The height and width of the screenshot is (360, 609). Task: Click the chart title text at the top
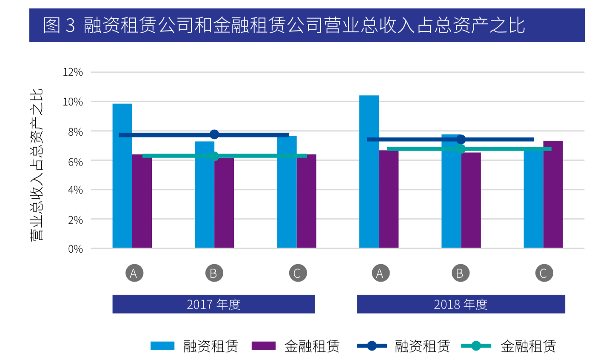pyautogui.click(x=284, y=25)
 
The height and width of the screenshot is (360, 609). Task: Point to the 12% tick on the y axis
pyautogui.click(x=73, y=72)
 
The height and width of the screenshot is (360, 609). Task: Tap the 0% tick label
pyautogui.click(x=75, y=249)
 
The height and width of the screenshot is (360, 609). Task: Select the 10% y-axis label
pyautogui.click(x=73, y=102)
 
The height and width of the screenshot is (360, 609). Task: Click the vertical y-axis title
pyautogui.click(x=37, y=165)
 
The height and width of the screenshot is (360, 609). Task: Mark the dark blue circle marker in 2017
pyautogui.click(x=214, y=134)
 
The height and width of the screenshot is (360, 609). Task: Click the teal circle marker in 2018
pyautogui.click(x=461, y=149)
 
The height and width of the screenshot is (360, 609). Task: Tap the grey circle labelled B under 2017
pyautogui.click(x=213, y=273)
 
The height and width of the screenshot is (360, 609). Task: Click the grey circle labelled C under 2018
pyautogui.click(x=544, y=273)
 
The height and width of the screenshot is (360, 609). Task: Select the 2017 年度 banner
pyautogui.click(x=213, y=304)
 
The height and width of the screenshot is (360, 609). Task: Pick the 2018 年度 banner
pyautogui.click(x=461, y=304)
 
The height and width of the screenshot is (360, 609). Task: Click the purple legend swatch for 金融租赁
pyautogui.click(x=263, y=346)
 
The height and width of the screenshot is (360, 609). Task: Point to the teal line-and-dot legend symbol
pyautogui.click(x=476, y=346)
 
